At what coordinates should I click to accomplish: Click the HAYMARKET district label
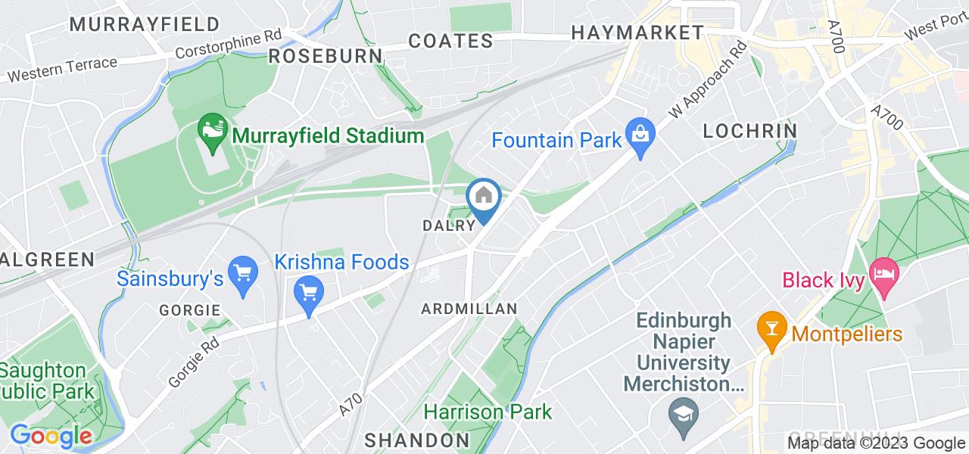click(637, 33)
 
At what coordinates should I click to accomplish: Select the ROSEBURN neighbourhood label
click(326, 56)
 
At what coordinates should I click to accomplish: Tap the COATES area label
click(451, 41)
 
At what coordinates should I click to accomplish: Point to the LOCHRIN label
click(749, 131)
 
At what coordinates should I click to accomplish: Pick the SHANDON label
click(418, 440)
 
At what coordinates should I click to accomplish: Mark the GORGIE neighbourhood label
click(190, 310)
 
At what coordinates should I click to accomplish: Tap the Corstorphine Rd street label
click(228, 45)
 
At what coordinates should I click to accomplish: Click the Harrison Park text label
click(488, 412)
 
